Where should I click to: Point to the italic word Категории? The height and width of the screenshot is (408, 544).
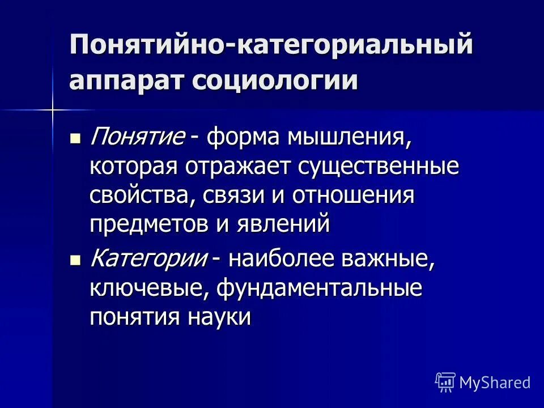coord(148,258)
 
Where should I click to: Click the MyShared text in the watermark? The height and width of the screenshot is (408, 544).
coord(495,382)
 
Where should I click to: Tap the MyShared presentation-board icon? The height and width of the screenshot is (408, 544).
coord(445,382)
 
